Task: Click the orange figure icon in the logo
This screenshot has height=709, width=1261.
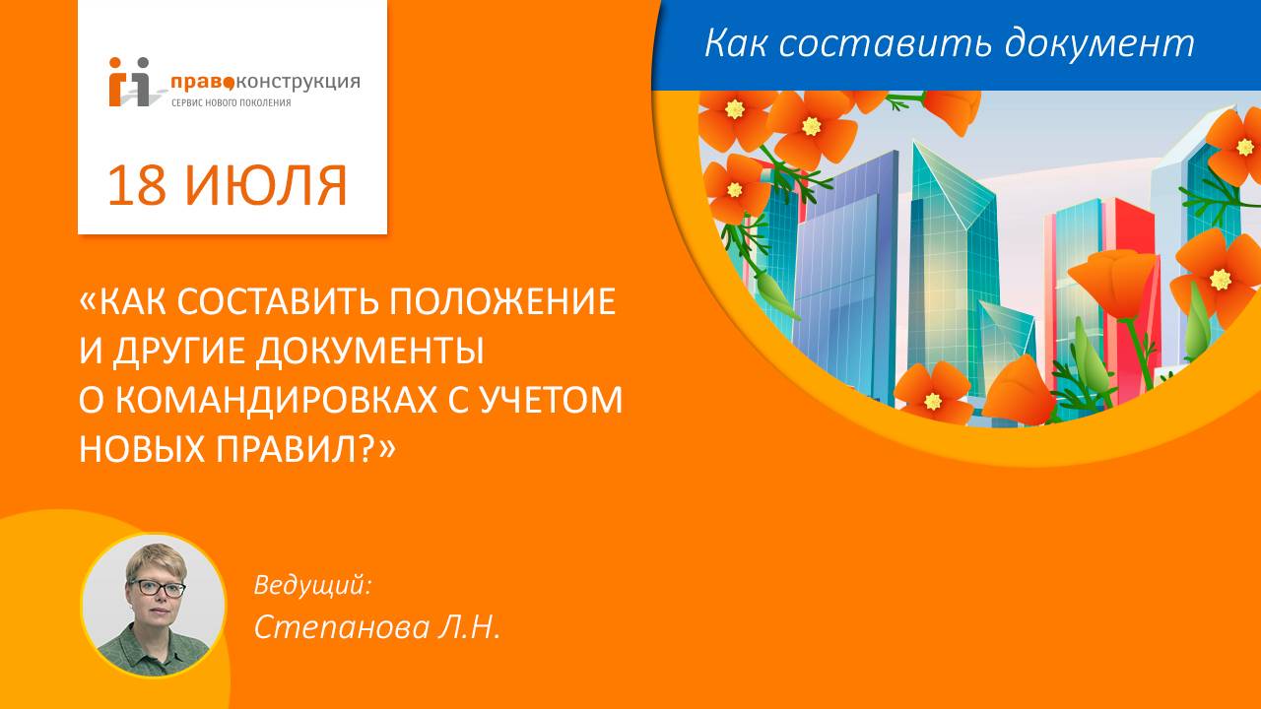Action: tap(119, 83)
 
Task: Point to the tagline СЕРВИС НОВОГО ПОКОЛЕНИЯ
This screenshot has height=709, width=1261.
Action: tap(231, 102)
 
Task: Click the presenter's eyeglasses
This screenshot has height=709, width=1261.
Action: tap(157, 588)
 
